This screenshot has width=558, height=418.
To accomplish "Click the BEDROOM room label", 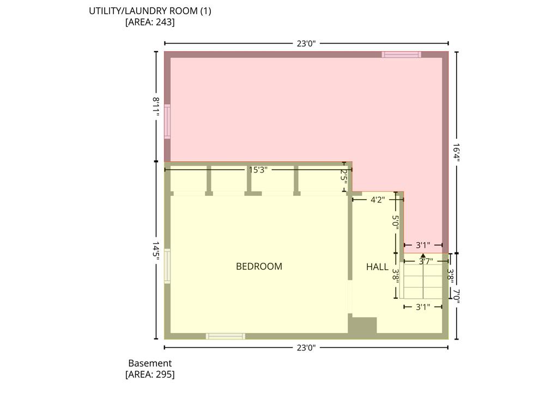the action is pos(259,266).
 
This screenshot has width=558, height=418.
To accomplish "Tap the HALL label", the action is pos(377,267).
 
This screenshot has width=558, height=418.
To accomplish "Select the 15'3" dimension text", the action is pos(258,170).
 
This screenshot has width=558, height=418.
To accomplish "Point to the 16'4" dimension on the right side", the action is pos(457,152).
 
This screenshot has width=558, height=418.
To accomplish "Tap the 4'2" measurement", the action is pos(378,200).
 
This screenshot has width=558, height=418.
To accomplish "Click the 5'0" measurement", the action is pos(396,222).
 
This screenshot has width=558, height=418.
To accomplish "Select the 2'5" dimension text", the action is pos(344,176).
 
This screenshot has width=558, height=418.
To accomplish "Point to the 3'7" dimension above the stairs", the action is pos(426,262).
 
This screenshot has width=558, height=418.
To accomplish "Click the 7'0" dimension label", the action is pos(457,297).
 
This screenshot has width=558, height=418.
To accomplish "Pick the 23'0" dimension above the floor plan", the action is pos(306,44).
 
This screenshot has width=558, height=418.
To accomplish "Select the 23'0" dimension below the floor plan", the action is pos(306,348).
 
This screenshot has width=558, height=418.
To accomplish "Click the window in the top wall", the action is pos(402,54).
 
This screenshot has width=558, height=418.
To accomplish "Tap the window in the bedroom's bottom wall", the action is pos(226,336).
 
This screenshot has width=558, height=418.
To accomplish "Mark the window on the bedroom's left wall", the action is pos(167,266).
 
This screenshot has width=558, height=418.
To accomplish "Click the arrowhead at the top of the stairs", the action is pos(423,256).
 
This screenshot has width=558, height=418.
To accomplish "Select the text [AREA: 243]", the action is pos(150,22).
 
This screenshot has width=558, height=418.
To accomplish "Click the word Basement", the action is pos(150,363).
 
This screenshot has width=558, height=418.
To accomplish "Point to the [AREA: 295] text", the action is pos(150,374).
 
